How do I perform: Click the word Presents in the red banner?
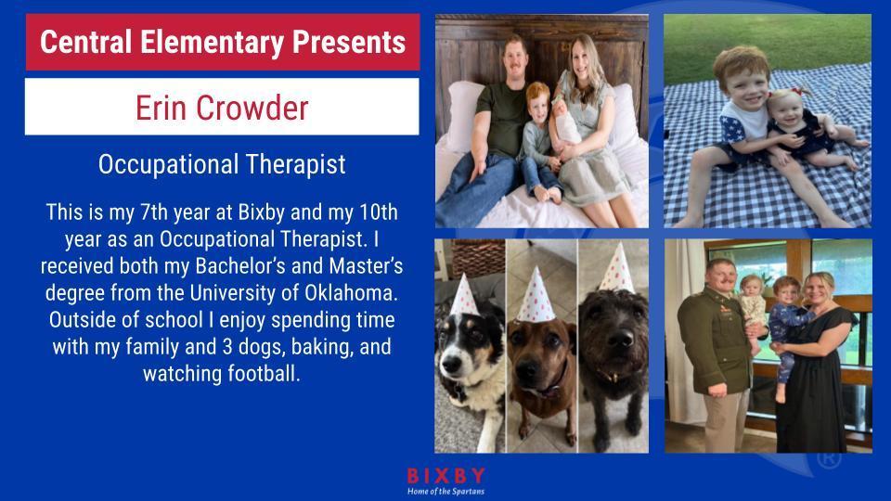coord(349,42)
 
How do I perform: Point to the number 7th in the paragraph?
coord(154,212)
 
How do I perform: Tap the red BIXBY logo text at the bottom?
coord(446,475)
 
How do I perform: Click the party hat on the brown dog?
coord(535,295)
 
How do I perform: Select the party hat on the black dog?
coord(617,269)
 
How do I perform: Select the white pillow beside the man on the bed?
coord(465,116)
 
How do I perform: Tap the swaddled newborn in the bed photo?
coord(567,123)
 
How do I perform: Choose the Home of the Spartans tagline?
coord(446,492)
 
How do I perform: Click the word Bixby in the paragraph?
coord(262,212)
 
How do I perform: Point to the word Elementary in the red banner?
coord(212,42)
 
